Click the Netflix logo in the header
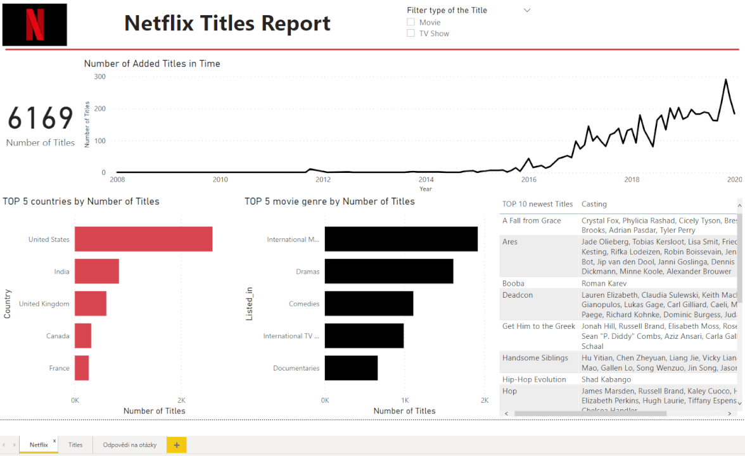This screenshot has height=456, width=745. pyautogui.click(x=35, y=25)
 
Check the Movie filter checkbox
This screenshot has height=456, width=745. pyautogui.click(x=411, y=22)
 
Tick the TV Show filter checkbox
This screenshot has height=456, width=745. pyautogui.click(x=411, y=34)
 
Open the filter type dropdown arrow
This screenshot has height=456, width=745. pyautogui.click(x=527, y=10)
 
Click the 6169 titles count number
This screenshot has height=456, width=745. pyautogui.click(x=41, y=118)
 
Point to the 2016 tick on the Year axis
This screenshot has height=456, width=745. pyautogui.click(x=529, y=180)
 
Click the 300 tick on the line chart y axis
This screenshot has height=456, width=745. pyautogui.click(x=99, y=77)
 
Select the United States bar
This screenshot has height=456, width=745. pyautogui.click(x=143, y=239)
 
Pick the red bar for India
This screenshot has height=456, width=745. pyautogui.click(x=96, y=271)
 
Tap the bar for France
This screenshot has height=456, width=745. pyautogui.click(x=82, y=368)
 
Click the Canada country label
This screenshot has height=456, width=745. pyautogui.click(x=58, y=336)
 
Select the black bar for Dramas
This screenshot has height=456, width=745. pyautogui.click(x=389, y=271)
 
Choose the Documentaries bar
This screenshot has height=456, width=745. pyautogui.click(x=351, y=368)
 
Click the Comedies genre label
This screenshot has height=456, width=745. pyautogui.click(x=304, y=304)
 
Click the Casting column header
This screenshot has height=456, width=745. pyautogui.click(x=594, y=204)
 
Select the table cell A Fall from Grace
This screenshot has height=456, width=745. pyautogui.click(x=532, y=220)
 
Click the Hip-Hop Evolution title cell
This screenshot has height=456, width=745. pyautogui.click(x=534, y=379)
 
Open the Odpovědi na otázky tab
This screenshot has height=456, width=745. pyautogui.click(x=129, y=445)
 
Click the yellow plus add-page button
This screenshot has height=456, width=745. pyautogui.click(x=176, y=445)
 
